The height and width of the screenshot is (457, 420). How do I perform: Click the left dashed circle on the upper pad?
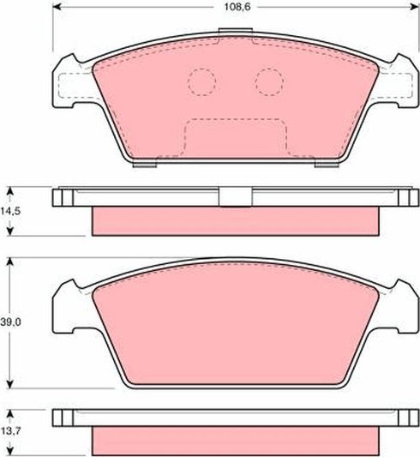point(201,81)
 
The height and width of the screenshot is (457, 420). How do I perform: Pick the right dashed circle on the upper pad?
point(268,81)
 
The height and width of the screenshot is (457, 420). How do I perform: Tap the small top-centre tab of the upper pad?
point(230,33)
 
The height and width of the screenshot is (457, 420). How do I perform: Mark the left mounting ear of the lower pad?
point(69,310)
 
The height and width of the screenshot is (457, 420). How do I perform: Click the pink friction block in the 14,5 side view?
point(233,220)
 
